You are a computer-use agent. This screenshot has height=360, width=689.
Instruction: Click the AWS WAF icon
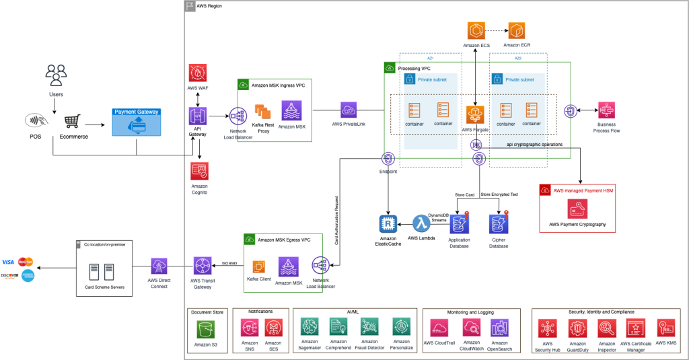198,74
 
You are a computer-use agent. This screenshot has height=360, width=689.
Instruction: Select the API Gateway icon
198,115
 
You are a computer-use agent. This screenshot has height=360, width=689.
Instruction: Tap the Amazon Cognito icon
198,170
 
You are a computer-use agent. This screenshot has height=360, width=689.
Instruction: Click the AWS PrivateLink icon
351,110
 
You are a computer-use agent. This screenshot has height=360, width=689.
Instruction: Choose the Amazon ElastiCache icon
388,224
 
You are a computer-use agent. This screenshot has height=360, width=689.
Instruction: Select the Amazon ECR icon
517,30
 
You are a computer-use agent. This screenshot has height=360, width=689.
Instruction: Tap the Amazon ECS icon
476,30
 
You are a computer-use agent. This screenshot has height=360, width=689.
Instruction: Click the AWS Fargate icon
476,114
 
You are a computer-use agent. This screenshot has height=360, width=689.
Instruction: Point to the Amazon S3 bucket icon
206,329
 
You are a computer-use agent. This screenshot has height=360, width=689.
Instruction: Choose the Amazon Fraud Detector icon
369,328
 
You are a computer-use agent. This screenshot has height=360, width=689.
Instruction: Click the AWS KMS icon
665,328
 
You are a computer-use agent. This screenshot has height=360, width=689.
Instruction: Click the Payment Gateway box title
137,112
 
